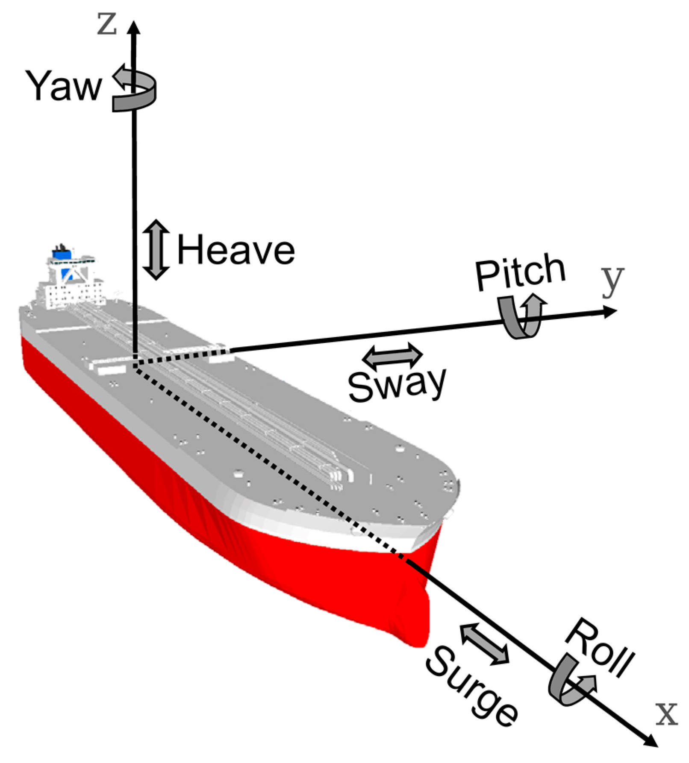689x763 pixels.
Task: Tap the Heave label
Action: pyautogui.click(x=236, y=251)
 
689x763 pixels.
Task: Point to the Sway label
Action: pyautogui.click(x=397, y=384)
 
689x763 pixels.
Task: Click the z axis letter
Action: pyautogui.click(x=106, y=25)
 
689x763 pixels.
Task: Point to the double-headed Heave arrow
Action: pyautogui.click(x=156, y=250)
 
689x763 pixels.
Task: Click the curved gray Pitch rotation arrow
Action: pyautogui.click(x=521, y=316)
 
